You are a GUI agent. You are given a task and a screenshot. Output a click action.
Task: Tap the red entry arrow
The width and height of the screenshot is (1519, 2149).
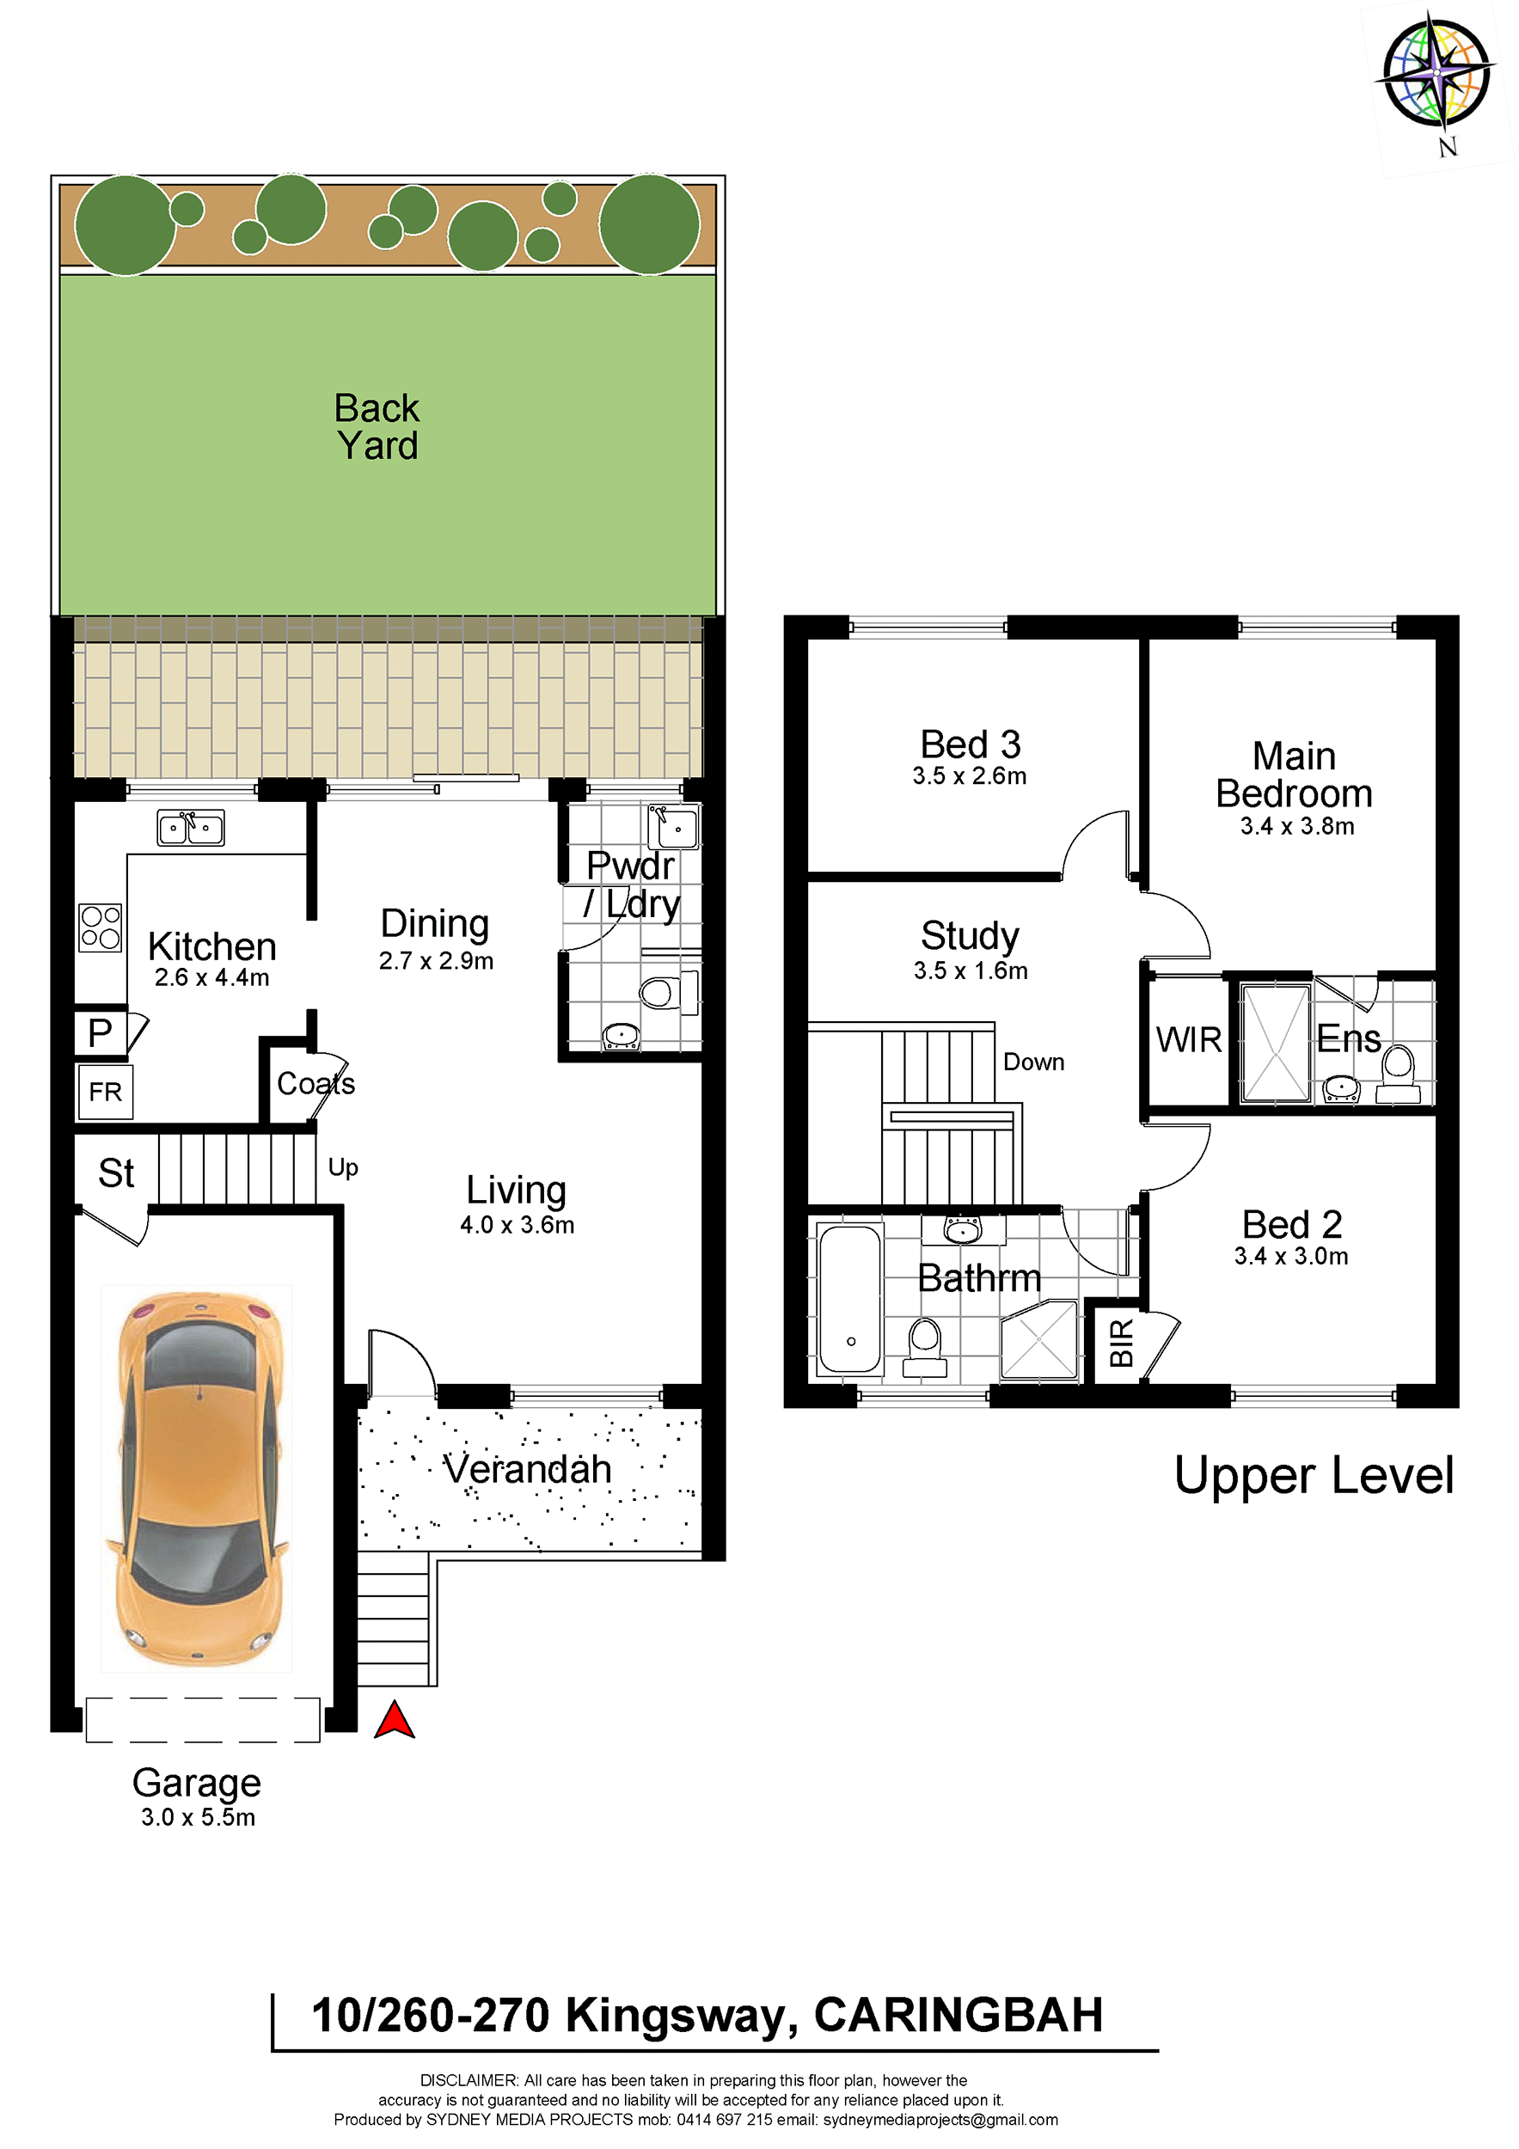tap(394, 1720)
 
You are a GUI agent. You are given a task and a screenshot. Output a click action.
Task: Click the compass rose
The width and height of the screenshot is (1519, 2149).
tap(1436, 73)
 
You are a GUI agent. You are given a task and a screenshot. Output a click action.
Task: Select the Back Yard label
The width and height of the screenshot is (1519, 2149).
tap(377, 427)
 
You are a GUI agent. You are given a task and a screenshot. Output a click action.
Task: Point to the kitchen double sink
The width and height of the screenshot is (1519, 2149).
tap(191, 828)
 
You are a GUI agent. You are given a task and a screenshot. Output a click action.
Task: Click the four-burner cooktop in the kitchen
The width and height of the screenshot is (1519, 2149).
tap(100, 928)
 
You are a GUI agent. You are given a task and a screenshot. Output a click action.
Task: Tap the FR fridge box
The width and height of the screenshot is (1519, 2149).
tap(106, 1092)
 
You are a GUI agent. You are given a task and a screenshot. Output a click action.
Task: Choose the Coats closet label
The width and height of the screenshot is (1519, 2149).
tap(316, 1084)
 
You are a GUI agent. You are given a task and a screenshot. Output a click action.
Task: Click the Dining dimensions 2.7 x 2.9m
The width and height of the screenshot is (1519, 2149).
tap(436, 961)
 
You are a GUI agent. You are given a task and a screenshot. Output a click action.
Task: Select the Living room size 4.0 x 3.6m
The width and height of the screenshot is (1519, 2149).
tap(518, 1225)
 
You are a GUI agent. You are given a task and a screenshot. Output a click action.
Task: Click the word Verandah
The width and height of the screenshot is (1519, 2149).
tap(527, 1468)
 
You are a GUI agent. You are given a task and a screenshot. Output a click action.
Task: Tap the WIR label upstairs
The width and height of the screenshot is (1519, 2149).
tap(1189, 1040)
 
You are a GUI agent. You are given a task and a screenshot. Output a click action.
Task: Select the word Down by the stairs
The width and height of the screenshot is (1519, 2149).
tap(1034, 1062)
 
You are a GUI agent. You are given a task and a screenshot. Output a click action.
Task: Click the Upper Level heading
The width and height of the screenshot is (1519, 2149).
tap(1314, 1476)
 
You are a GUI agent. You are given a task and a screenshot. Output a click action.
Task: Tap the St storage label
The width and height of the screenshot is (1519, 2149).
tap(116, 1173)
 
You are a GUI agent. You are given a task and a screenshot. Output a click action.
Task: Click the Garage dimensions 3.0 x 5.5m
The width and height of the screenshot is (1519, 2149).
tap(199, 1818)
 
